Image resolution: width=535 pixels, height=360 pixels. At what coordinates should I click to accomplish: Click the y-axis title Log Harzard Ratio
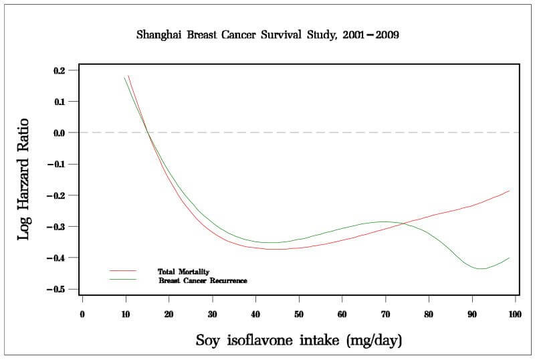click(x=23, y=179)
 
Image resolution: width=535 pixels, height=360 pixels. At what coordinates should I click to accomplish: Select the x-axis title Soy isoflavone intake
click(x=299, y=341)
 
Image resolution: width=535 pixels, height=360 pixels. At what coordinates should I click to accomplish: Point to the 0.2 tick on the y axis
click(x=60, y=70)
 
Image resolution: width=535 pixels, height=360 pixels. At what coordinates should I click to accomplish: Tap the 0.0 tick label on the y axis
click(x=60, y=132)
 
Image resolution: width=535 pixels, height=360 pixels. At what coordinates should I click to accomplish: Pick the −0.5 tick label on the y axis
click(x=57, y=289)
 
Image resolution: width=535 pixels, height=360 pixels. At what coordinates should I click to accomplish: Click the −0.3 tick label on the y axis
click(x=57, y=227)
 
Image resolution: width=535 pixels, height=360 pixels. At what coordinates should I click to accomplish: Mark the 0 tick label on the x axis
click(x=82, y=314)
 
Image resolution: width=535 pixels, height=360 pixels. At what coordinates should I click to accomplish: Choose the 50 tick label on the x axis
click(x=299, y=314)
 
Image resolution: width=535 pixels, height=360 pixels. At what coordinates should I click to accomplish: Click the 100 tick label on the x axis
click(x=515, y=314)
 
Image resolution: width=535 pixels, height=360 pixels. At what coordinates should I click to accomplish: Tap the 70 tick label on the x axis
click(x=385, y=314)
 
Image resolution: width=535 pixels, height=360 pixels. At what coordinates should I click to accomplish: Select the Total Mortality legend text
click(x=183, y=271)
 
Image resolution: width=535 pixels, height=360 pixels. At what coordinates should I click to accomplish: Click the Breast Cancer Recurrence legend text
click(x=203, y=281)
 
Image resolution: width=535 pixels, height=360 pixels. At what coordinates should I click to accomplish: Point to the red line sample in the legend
click(x=123, y=271)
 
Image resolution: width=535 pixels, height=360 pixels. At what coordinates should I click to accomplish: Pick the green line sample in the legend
click(x=123, y=280)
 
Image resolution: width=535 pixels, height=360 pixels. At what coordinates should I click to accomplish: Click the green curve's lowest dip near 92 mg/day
click(x=480, y=268)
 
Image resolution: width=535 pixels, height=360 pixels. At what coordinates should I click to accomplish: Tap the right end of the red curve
click(x=510, y=191)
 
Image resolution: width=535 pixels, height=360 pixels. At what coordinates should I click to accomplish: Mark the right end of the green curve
click(x=510, y=258)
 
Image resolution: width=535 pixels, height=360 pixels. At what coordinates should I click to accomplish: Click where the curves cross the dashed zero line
click(x=148, y=132)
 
